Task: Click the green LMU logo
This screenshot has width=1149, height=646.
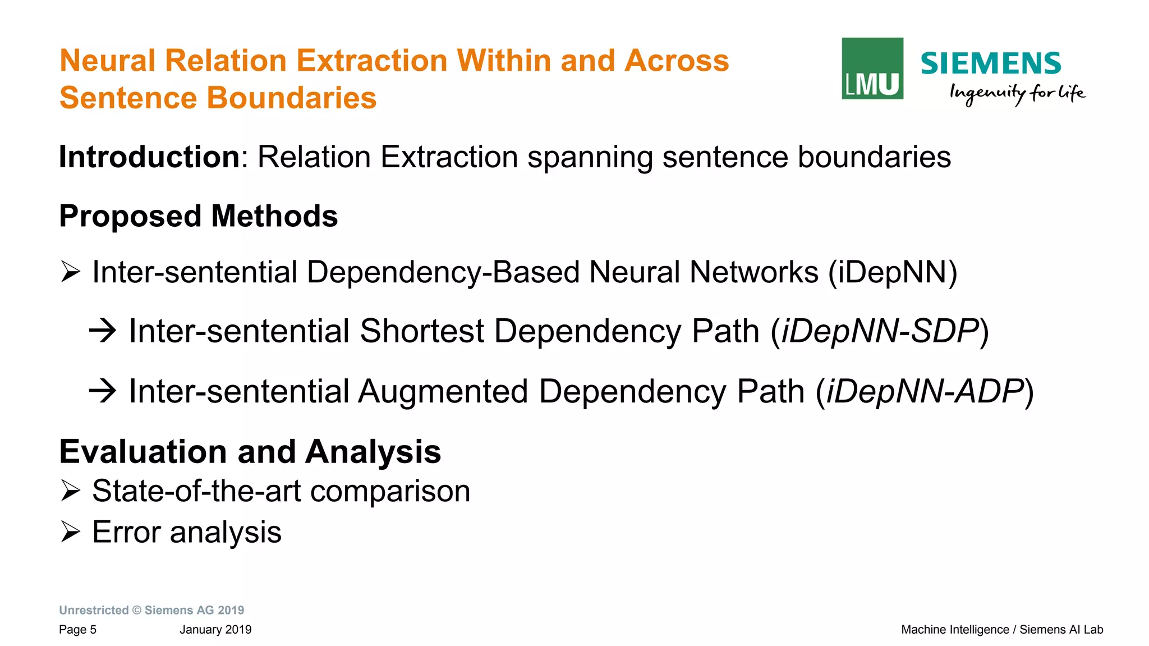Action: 872,68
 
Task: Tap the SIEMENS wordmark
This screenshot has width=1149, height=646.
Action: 991,63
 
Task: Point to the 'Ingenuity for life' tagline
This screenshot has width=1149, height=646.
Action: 1017,93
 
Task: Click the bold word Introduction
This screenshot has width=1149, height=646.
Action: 150,157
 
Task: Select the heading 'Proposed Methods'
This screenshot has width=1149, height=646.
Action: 199,216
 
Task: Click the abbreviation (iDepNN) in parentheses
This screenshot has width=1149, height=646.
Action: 893,272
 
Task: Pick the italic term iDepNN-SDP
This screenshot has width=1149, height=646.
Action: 880,331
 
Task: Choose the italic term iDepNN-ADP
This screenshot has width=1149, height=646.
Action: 925,391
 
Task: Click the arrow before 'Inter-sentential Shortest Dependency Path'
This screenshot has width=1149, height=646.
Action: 103,331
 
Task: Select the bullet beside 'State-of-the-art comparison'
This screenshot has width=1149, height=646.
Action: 71,491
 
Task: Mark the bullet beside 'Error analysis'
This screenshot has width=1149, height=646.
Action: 71,532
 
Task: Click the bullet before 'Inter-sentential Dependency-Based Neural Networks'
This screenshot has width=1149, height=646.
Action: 71,272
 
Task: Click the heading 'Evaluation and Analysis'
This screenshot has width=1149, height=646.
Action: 250,452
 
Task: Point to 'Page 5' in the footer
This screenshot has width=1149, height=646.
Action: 77,630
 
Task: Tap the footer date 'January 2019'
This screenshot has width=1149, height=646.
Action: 215,630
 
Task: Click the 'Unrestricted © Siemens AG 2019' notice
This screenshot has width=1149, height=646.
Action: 151,610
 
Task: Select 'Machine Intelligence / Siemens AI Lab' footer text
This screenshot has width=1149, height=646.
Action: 1002,630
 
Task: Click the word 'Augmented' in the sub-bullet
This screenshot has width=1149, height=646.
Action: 443,391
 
